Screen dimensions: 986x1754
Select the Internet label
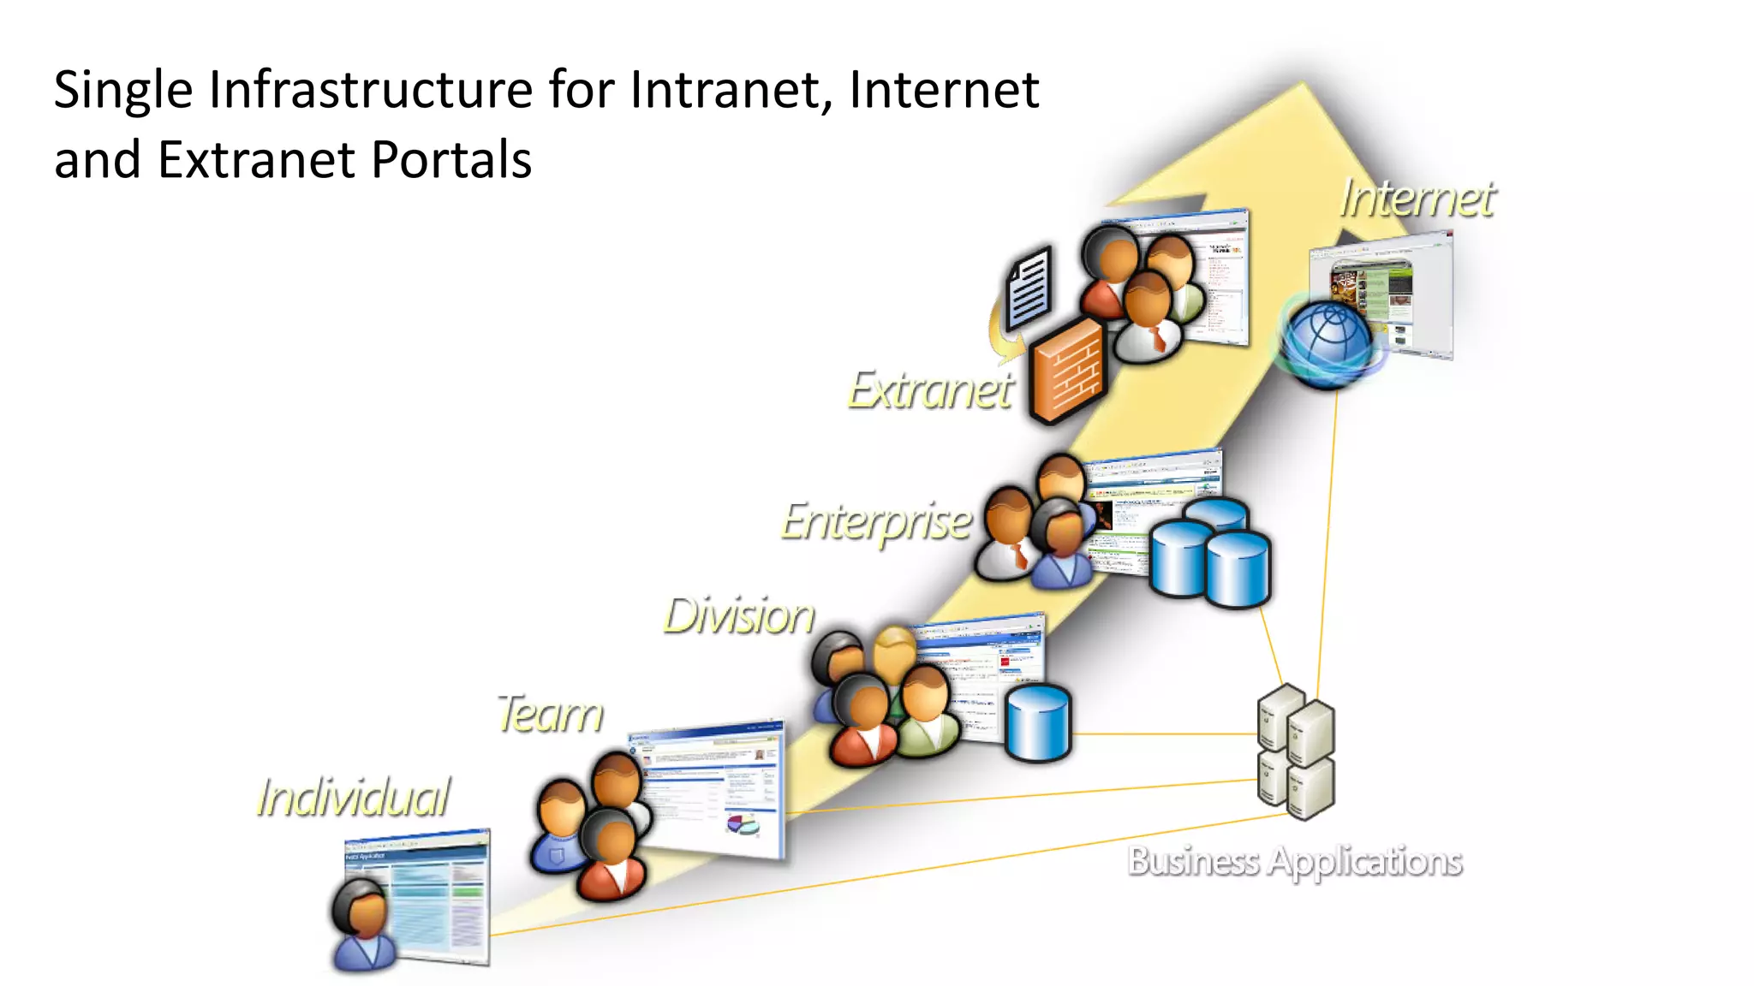(1417, 199)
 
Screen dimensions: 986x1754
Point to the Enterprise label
(876, 522)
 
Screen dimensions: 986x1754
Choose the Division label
(739, 616)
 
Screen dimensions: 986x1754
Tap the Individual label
(354, 798)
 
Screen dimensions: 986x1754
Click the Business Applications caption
(1294, 861)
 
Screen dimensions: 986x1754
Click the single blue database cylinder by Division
(1038, 722)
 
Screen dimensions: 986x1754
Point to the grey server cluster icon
(1296, 751)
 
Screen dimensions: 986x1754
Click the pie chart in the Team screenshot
(742, 824)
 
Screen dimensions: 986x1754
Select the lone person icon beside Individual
(363, 925)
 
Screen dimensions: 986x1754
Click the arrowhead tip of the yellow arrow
(1302, 86)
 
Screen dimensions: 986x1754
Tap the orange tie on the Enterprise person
(1020, 556)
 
